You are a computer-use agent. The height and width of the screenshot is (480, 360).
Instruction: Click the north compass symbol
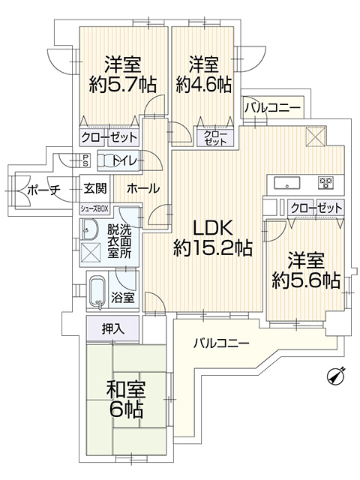(335, 376)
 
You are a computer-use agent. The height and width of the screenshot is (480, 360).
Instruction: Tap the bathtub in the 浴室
(97, 292)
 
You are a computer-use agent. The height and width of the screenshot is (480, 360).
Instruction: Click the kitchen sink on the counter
(286, 184)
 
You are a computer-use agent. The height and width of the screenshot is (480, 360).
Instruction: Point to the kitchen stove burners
(326, 183)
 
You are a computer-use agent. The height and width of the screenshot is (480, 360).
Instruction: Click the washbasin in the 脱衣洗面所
(89, 229)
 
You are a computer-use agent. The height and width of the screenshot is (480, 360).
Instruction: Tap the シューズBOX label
(94, 208)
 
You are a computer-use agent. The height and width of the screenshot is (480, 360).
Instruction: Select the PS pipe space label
(85, 160)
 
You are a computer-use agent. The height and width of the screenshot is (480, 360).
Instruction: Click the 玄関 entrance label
(95, 188)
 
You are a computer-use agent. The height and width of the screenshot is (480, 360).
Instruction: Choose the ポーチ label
(43, 190)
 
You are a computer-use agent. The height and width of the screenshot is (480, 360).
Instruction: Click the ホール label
(143, 188)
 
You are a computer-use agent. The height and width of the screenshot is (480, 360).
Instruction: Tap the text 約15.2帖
(213, 248)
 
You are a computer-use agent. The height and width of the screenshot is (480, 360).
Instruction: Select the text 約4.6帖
(203, 85)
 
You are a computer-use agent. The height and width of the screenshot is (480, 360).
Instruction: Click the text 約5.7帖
(123, 85)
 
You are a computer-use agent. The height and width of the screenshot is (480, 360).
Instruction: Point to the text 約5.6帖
(306, 280)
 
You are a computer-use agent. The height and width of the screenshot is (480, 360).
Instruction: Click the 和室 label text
(125, 389)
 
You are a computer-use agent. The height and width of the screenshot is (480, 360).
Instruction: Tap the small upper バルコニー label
(272, 108)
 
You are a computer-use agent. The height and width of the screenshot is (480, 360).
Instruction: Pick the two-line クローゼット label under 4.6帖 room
(215, 138)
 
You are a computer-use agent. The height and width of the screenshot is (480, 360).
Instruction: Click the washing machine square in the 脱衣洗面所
(91, 253)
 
